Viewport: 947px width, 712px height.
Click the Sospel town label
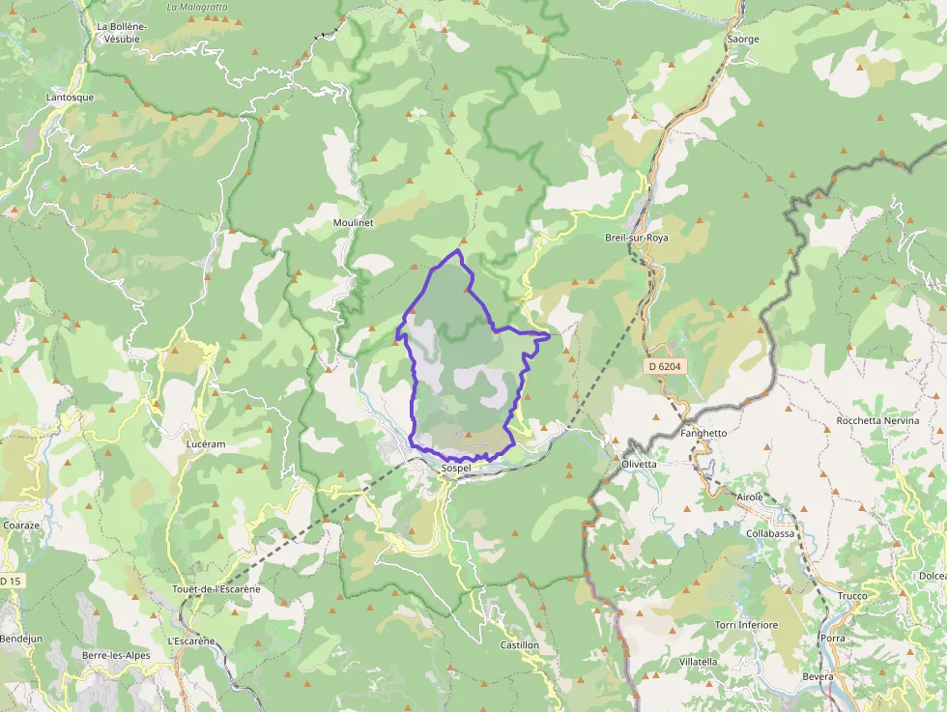[455, 469]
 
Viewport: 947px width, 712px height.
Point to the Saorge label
[742, 40]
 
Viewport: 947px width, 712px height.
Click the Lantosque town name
[71, 98]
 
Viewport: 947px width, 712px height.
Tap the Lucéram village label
[205, 443]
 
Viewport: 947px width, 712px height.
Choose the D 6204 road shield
[666, 366]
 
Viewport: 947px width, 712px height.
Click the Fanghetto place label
[703, 434]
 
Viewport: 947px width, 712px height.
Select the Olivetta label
[638, 464]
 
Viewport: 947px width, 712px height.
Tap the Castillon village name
[519, 644]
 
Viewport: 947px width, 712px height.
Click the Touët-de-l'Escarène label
[216, 589]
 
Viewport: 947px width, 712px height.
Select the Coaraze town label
[20, 525]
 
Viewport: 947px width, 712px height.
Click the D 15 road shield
[9, 581]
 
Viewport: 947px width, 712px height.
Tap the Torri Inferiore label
[746, 625]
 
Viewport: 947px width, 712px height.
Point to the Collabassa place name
[770, 533]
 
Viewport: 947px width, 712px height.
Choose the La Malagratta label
[196, 7]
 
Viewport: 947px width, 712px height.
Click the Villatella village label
[699, 661]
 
